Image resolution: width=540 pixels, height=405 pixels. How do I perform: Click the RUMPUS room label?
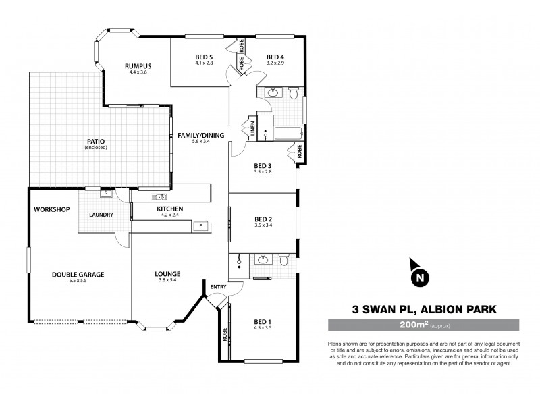[137, 65]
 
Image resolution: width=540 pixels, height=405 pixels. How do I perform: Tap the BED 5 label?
[204, 57]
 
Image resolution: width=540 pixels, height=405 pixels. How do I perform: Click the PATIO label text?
[94, 141]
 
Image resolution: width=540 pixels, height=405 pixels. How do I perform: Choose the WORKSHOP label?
[52, 210]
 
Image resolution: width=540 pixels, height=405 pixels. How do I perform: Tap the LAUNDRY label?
[101, 215]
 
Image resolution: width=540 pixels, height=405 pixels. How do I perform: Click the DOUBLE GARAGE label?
[78, 275]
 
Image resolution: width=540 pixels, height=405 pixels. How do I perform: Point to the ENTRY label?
[219, 286]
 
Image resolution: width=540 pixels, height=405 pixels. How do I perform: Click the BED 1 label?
[263, 321]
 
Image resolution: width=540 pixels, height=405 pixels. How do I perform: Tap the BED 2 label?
[263, 219]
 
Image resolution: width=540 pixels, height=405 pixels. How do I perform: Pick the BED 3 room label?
[263, 166]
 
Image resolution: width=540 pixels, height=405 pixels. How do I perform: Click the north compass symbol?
[420, 275]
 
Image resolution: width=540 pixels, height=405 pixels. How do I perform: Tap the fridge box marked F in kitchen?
[200, 226]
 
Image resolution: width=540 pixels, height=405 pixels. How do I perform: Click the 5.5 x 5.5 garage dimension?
[78, 281]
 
